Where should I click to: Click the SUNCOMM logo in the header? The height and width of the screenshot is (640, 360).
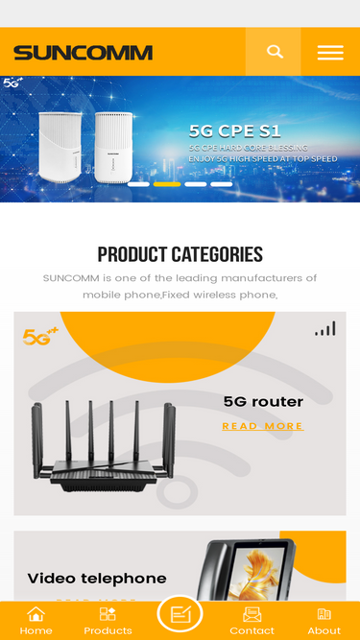click(83, 53)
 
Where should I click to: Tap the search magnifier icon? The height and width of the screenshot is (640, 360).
click(275, 52)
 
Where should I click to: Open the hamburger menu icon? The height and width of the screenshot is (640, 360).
click(330, 53)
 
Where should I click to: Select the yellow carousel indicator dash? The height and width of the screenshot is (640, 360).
click(167, 183)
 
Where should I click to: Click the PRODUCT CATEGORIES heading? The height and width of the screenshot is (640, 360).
click(180, 254)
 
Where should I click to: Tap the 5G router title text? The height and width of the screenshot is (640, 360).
click(263, 401)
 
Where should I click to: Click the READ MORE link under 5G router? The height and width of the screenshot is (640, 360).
click(262, 426)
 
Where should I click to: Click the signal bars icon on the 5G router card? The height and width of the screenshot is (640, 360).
click(325, 329)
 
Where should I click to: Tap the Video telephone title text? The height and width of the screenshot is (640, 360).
click(97, 578)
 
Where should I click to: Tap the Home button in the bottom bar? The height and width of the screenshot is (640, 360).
click(36, 621)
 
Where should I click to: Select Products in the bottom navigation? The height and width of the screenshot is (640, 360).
click(108, 621)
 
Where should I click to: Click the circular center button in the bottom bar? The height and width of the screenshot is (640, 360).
click(180, 615)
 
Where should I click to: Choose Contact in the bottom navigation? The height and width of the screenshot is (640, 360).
click(252, 621)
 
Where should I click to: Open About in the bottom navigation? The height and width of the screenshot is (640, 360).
click(324, 621)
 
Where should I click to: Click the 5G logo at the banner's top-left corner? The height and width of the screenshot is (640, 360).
click(13, 83)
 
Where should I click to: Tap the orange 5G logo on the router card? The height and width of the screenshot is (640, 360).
click(40, 336)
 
